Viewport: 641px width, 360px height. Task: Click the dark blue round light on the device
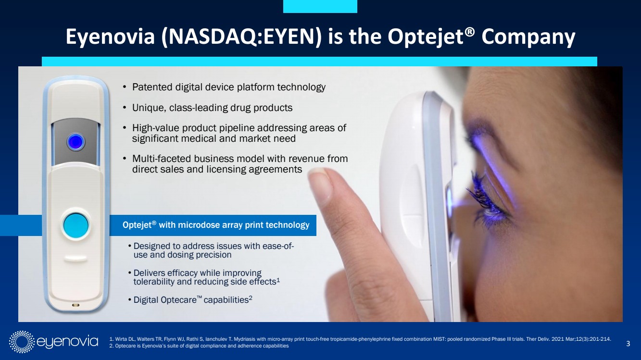pyautogui.click(x=75, y=142)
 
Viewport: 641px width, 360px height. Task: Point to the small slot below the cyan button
pyautogui.click(x=75, y=258)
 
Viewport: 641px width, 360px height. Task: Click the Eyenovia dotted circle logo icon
pyautogui.click(x=22, y=342)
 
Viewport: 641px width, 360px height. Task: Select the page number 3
pyautogui.click(x=628, y=344)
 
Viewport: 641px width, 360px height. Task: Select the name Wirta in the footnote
pyautogui.click(x=121, y=339)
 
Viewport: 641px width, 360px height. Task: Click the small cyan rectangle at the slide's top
pyautogui.click(x=320, y=6)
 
